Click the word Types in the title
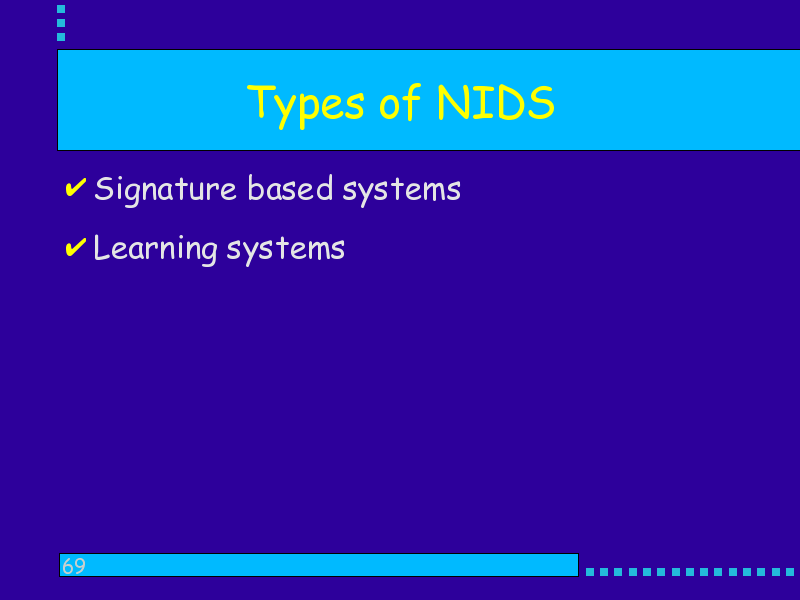[x=305, y=106]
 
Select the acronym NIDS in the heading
[x=495, y=103]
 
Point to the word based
[x=290, y=188]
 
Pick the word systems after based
[x=402, y=192]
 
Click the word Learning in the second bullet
[x=156, y=249]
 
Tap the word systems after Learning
[x=286, y=251]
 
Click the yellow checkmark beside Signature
[x=76, y=187]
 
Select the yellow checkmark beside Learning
[x=76, y=247]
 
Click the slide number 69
[x=73, y=566]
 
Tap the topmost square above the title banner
[x=61, y=9]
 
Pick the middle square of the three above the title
[x=61, y=23]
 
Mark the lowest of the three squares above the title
[x=61, y=37]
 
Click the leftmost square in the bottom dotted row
[x=590, y=572]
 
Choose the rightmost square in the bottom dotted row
[x=790, y=572]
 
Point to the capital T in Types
[x=260, y=101]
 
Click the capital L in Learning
[x=101, y=247]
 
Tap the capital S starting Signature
[x=103, y=189]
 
